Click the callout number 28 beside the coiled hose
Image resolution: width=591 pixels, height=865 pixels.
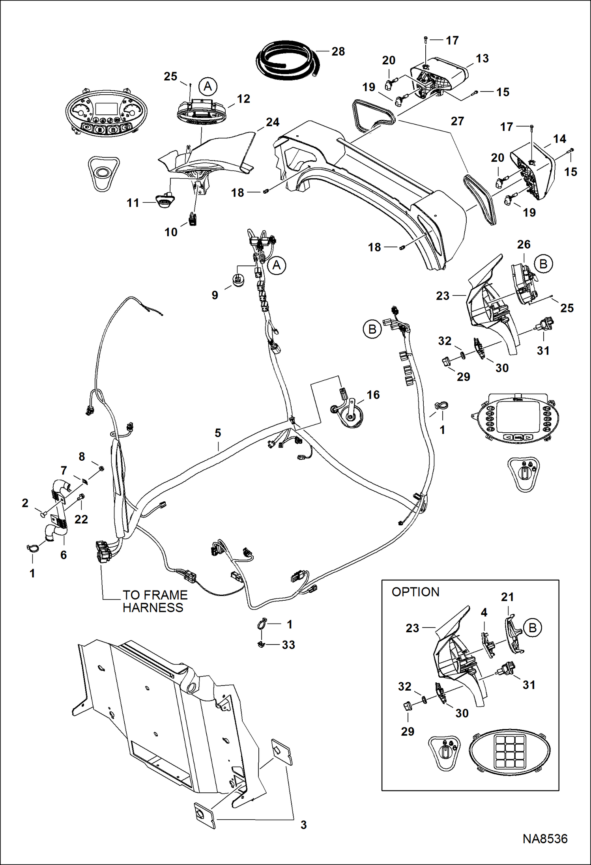338,51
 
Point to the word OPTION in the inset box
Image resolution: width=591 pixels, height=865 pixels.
415,592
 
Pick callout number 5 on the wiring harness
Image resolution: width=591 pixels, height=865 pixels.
218,433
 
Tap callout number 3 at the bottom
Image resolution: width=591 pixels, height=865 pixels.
303,824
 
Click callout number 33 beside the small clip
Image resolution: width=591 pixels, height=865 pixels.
288,645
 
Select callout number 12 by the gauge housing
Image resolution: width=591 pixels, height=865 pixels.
243,99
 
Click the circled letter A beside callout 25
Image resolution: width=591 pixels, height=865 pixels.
208,86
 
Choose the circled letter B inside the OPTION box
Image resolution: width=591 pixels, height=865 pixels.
532,628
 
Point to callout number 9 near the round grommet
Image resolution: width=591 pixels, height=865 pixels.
215,295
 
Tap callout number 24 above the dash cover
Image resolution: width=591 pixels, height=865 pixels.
273,122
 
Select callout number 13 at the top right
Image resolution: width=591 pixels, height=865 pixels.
482,58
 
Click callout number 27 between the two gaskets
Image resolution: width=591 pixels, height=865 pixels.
457,121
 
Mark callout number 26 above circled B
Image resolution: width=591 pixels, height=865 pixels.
524,244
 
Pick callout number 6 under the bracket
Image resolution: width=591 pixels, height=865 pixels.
64,555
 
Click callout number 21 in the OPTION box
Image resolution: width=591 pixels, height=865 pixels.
507,597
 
